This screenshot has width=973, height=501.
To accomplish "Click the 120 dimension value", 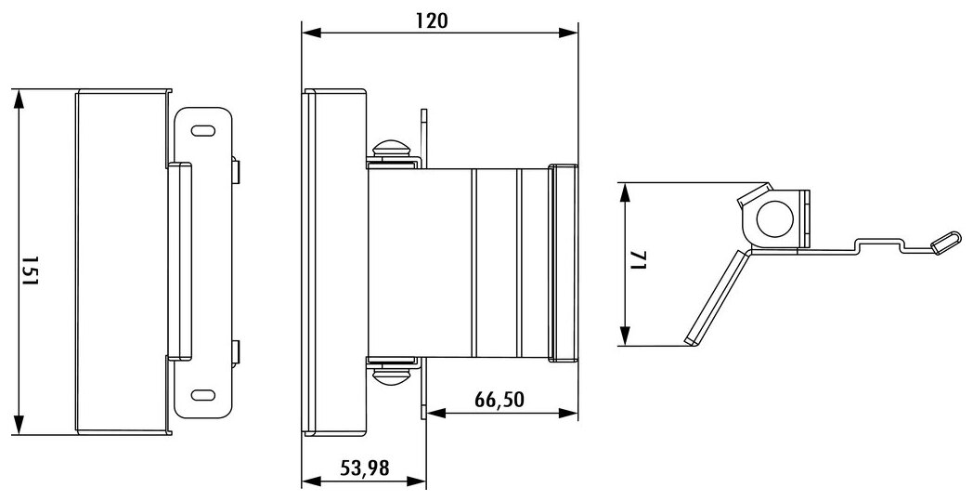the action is click(432, 20).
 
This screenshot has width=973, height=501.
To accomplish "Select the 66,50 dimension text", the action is click(499, 400).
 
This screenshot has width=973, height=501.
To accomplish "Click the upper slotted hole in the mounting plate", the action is click(203, 131).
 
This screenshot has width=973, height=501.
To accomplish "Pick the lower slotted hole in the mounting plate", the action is click(203, 395).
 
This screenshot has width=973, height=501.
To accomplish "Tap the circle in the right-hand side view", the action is click(775, 219).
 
